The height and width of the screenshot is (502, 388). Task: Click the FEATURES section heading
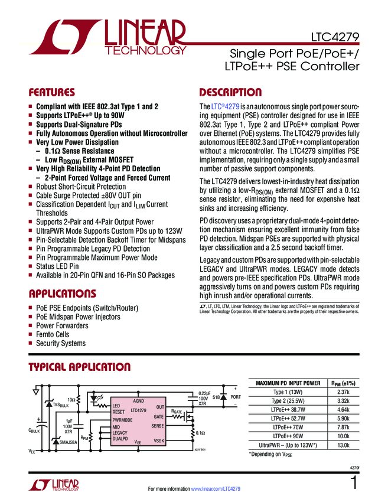point(51,93)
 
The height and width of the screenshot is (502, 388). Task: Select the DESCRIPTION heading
point(230,93)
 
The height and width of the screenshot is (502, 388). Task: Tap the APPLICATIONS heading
point(62,294)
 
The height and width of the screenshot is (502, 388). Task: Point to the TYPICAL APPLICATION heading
point(80,367)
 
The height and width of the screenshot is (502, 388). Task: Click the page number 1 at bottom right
point(354,483)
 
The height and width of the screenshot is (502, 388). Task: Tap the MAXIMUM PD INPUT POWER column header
point(288,383)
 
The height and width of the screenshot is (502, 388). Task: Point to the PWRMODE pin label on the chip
point(122,419)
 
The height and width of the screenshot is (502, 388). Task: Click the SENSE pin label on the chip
point(157,426)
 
